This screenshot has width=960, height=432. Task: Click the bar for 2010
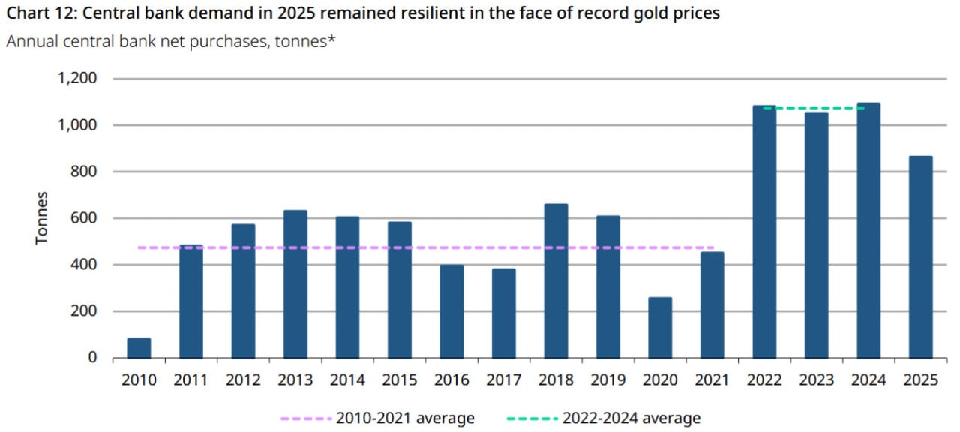[139, 348]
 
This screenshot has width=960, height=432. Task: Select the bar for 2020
[660, 328]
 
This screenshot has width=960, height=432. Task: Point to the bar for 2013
[295, 284]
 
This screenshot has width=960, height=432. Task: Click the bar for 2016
[451, 311]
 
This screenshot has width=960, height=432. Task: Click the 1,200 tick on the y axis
[77, 79]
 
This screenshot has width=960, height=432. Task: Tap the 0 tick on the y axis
[92, 358]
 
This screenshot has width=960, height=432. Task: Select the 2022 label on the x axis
[764, 380]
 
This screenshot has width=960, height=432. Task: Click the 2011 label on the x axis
[190, 380]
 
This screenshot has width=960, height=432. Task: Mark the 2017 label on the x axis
[503, 380]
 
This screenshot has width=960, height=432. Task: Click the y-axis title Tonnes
[42, 218]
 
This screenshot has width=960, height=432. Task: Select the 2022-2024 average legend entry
[603, 418]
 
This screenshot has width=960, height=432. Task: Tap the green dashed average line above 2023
[816, 108]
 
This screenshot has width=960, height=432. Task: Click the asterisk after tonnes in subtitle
[331, 40]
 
